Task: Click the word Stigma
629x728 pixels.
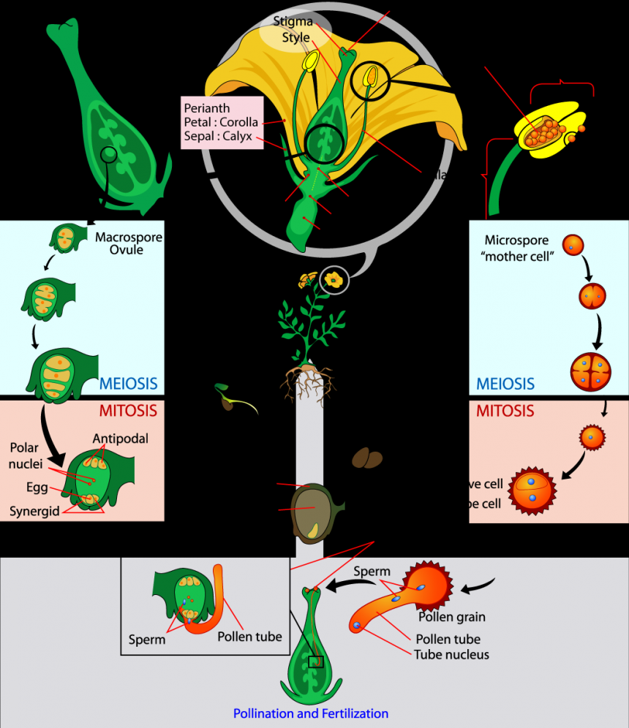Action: coord(293,22)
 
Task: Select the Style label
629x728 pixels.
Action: coord(295,37)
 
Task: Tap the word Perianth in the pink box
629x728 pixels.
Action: coord(207,108)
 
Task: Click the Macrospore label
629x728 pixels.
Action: coord(129,237)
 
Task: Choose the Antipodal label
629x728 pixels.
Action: coord(121,439)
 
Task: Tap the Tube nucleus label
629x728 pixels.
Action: coord(451,653)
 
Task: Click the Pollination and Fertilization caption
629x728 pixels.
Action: coord(311,713)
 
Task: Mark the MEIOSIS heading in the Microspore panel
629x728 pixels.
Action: coord(505,384)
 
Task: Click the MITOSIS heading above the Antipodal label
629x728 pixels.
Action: coord(127,411)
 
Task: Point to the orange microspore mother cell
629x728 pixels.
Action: coord(573,245)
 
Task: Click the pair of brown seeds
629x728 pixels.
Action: coord(366,458)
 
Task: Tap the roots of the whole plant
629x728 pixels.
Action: coord(308,382)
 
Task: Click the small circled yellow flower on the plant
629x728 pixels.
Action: coord(335,278)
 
